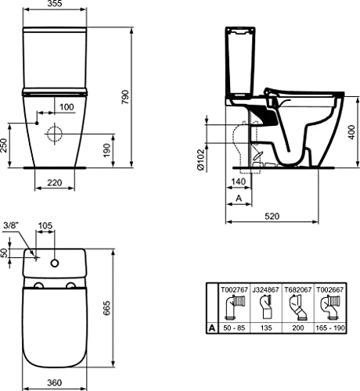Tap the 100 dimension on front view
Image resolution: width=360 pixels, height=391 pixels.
click(x=67, y=106)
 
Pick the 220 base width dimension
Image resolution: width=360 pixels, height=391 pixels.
click(x=55, y=182)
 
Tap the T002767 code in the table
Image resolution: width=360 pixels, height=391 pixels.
click(x=237, y=288)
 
